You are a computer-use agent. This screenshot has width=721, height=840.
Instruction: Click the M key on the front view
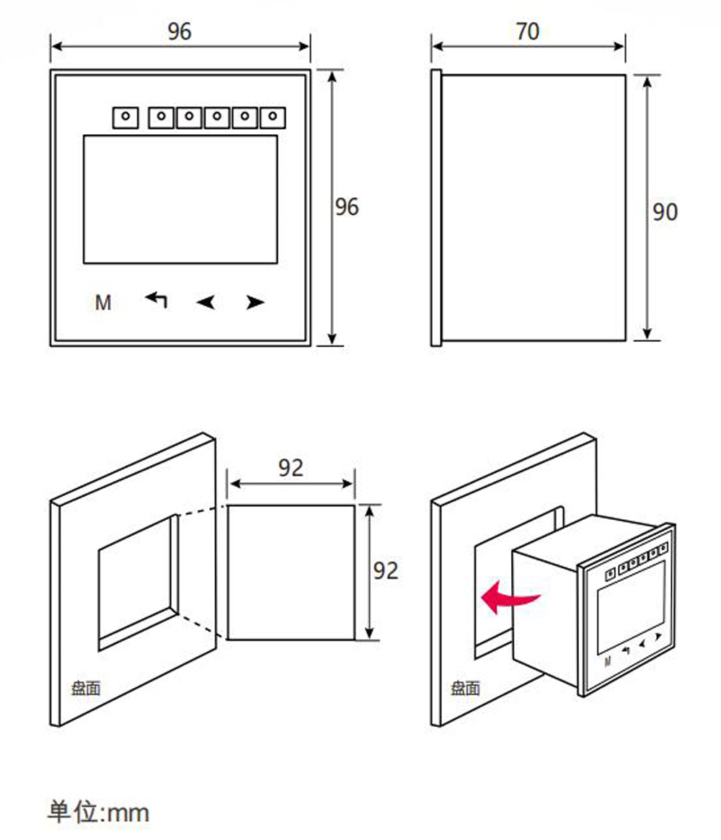coord(103,303)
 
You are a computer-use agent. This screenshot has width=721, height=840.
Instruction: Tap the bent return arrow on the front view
coord(156,299)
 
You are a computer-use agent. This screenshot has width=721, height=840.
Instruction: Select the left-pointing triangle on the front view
coord(205,302)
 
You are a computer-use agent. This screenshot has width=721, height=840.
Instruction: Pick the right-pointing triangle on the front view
coord(255,302)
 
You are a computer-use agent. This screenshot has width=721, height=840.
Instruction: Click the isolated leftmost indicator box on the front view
coord(125,118)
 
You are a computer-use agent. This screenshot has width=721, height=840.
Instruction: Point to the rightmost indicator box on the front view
coord(273,118)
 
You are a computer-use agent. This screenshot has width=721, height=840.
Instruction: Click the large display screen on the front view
coord(180,199)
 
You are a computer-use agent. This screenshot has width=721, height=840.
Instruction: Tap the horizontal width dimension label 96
coord(180,31)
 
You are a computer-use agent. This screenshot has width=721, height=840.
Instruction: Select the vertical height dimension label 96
coord(347,207)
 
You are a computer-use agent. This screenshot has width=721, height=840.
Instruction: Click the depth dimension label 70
coord(528,31)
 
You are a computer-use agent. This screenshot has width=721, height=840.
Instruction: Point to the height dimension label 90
coord(665,211)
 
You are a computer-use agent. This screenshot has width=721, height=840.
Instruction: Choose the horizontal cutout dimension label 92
coord(291,468)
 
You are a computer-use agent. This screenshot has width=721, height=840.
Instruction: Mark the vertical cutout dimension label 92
coord(386,570)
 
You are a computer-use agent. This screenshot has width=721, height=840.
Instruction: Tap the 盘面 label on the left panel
coord(86,688)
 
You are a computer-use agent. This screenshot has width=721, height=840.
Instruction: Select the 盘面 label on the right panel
coord(465,688)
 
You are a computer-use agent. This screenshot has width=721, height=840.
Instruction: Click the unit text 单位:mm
coord(98,812)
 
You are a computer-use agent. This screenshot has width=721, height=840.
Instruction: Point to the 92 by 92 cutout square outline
coord(227,572)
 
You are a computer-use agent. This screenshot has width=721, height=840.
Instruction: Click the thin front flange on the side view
coord(436,208)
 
